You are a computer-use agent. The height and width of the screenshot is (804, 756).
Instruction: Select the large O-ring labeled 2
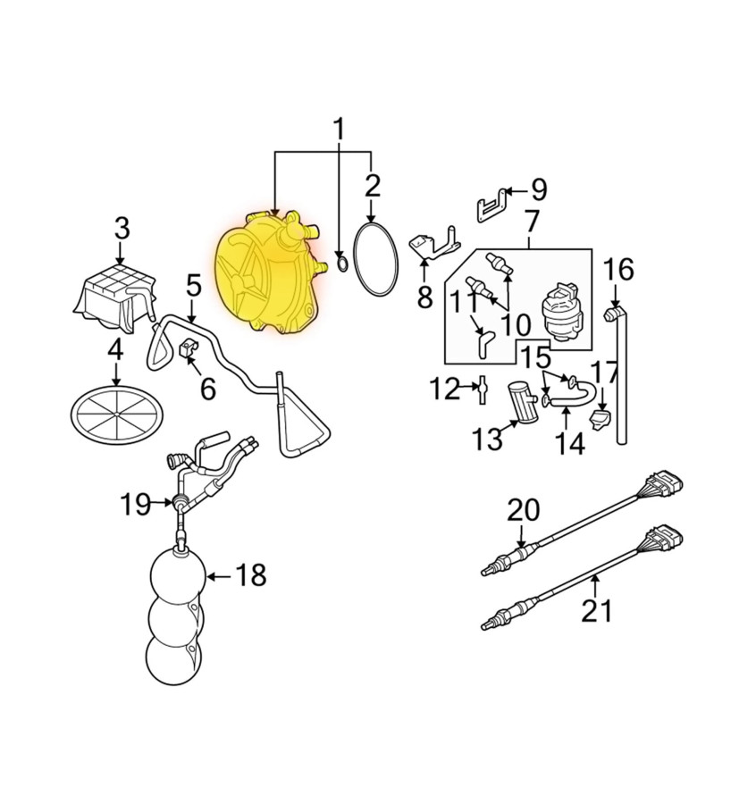point(375,259)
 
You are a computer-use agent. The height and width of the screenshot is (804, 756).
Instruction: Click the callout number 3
point(122,228)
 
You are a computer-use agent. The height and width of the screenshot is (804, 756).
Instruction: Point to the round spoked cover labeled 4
point(117,414)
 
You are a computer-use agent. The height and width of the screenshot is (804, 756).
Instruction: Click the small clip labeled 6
point(188,348)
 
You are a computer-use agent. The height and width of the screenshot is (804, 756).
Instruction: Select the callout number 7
point(532,222)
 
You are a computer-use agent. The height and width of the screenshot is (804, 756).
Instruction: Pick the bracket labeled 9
point(491,205)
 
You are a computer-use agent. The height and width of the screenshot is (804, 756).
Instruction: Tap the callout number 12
point(445,389)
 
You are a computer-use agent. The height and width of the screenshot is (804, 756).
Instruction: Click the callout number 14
point(570,443)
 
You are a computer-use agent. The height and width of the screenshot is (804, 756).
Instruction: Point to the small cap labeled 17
point(601,419)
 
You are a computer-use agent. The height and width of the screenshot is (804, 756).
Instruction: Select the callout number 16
point(618,269)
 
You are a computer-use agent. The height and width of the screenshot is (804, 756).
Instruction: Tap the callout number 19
point(136,504)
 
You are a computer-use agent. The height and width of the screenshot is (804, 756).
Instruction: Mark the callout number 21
point(597,611)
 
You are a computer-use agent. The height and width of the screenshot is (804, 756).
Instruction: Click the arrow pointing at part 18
point(219,577)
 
